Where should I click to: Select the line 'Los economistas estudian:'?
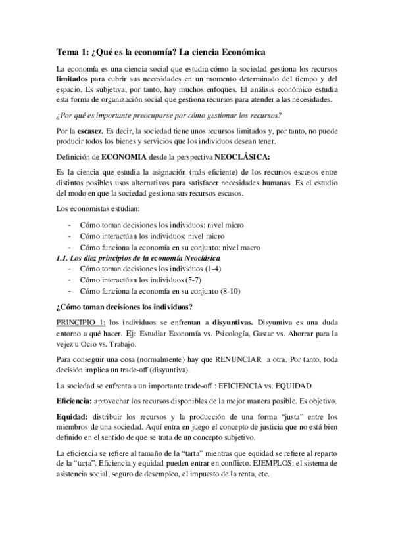click(94, 208)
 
